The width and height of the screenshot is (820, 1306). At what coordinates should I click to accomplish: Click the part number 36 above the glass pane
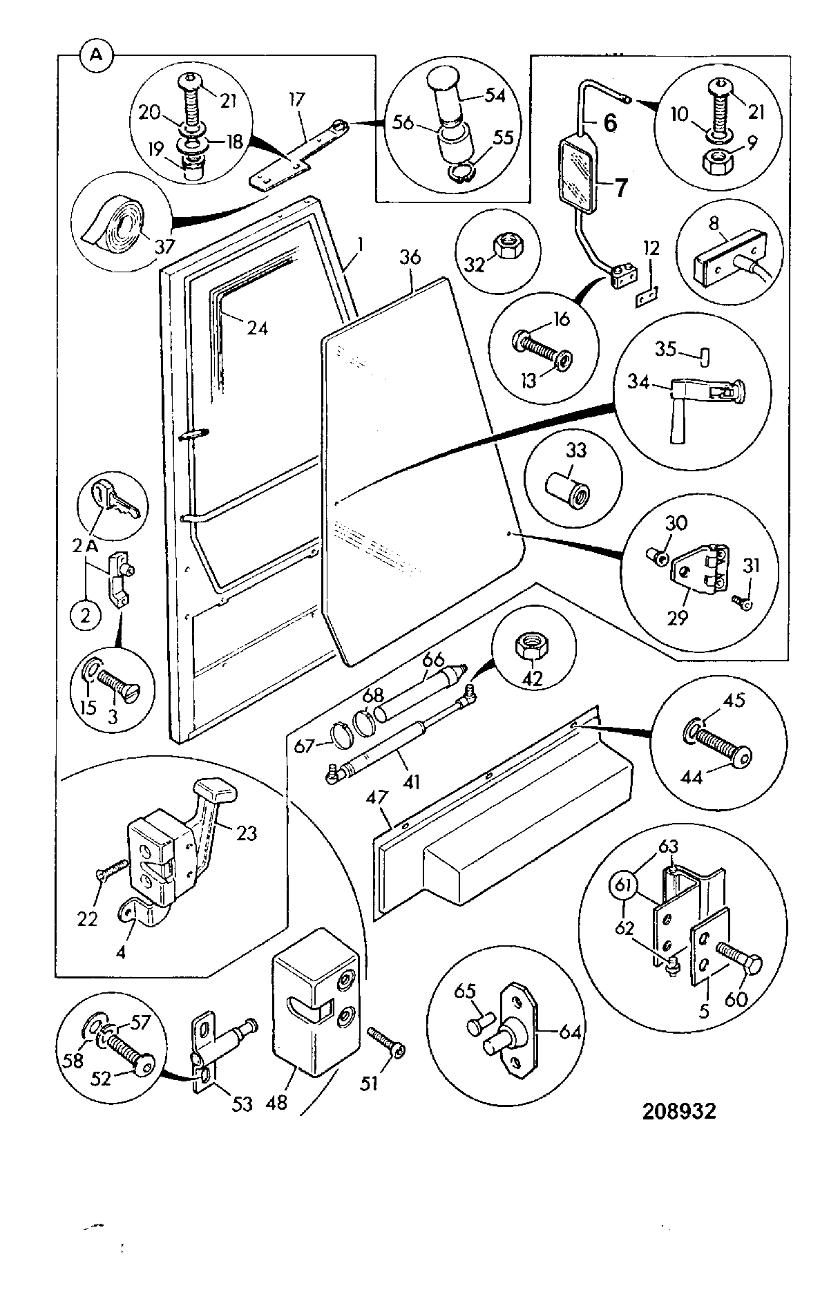point(410,257)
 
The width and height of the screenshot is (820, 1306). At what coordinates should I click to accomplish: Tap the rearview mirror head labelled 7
point(578,173)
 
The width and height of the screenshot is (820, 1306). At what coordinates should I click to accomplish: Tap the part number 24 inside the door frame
point(257,329)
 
